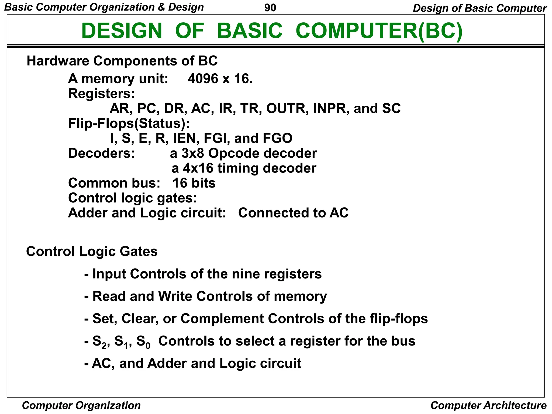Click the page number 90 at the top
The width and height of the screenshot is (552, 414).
tap(270, 8)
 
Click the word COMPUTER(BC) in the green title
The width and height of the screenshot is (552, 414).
tap(379, 31)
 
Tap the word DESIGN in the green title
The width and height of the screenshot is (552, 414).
tap(122, 31)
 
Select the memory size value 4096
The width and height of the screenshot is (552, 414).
tap(203, 79)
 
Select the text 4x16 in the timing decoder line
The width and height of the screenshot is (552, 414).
tap(198, 168)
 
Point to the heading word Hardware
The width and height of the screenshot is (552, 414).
tap(58, 61)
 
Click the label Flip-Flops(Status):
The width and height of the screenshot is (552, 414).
tap(129, 123)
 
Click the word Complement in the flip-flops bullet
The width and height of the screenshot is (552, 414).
tap(222, 319)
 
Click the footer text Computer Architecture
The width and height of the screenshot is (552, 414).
tap(488, 405)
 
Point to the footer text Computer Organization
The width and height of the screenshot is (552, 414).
tap(81, 405)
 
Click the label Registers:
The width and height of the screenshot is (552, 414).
tap(101, 94)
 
